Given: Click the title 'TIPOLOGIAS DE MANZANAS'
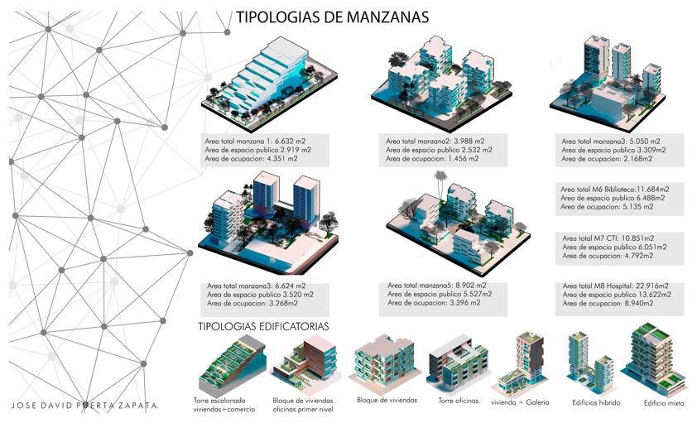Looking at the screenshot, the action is [x=332, y=17].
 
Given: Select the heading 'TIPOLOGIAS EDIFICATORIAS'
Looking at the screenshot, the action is [x=263, y=326].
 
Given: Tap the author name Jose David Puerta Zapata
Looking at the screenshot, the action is [x=88, y=406].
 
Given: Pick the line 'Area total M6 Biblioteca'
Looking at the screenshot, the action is [x=615, y=189].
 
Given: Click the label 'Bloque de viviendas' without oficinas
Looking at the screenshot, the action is [x=387, y=400].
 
